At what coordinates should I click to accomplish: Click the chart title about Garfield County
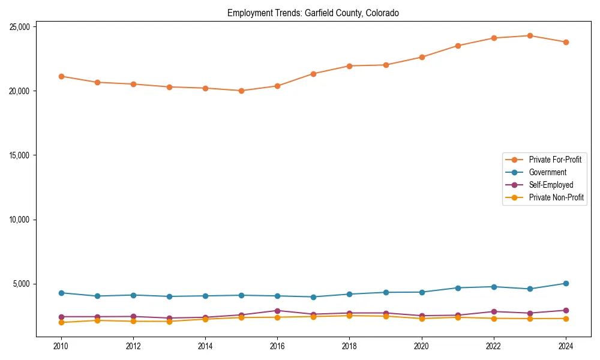click(x=313, y=13)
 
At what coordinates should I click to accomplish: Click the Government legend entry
click(x=547, y=172)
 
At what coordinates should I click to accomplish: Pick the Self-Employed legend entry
click(x=551, y=185)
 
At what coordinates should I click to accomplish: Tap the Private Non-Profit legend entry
click(x=556, y=197)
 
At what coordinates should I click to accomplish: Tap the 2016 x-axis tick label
click(x=277, y=346)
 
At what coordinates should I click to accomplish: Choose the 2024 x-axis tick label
click(x=566, y=346)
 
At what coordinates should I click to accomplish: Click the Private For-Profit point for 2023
click(x=530, y=35)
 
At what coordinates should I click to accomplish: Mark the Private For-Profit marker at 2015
click(x=241, y=91)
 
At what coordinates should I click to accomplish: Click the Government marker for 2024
click(x=566, y=283)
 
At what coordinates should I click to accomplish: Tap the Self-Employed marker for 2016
click(x=277, y=311)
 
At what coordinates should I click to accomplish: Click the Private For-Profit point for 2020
click(x=422, y=57)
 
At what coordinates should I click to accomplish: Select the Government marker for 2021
click(x=458, y=288)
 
